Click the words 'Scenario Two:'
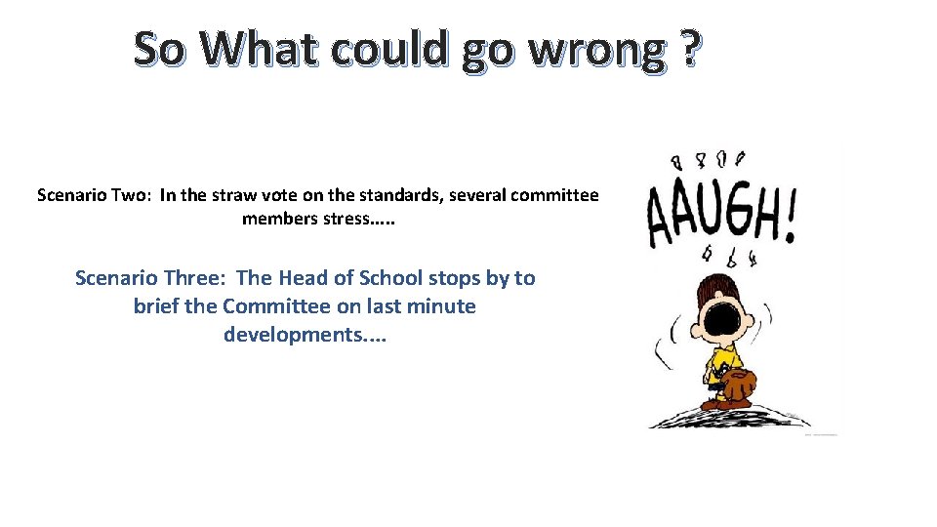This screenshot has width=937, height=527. point(96,195)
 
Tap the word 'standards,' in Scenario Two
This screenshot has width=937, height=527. point(404,195)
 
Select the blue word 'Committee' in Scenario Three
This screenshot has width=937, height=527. point(277,306)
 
